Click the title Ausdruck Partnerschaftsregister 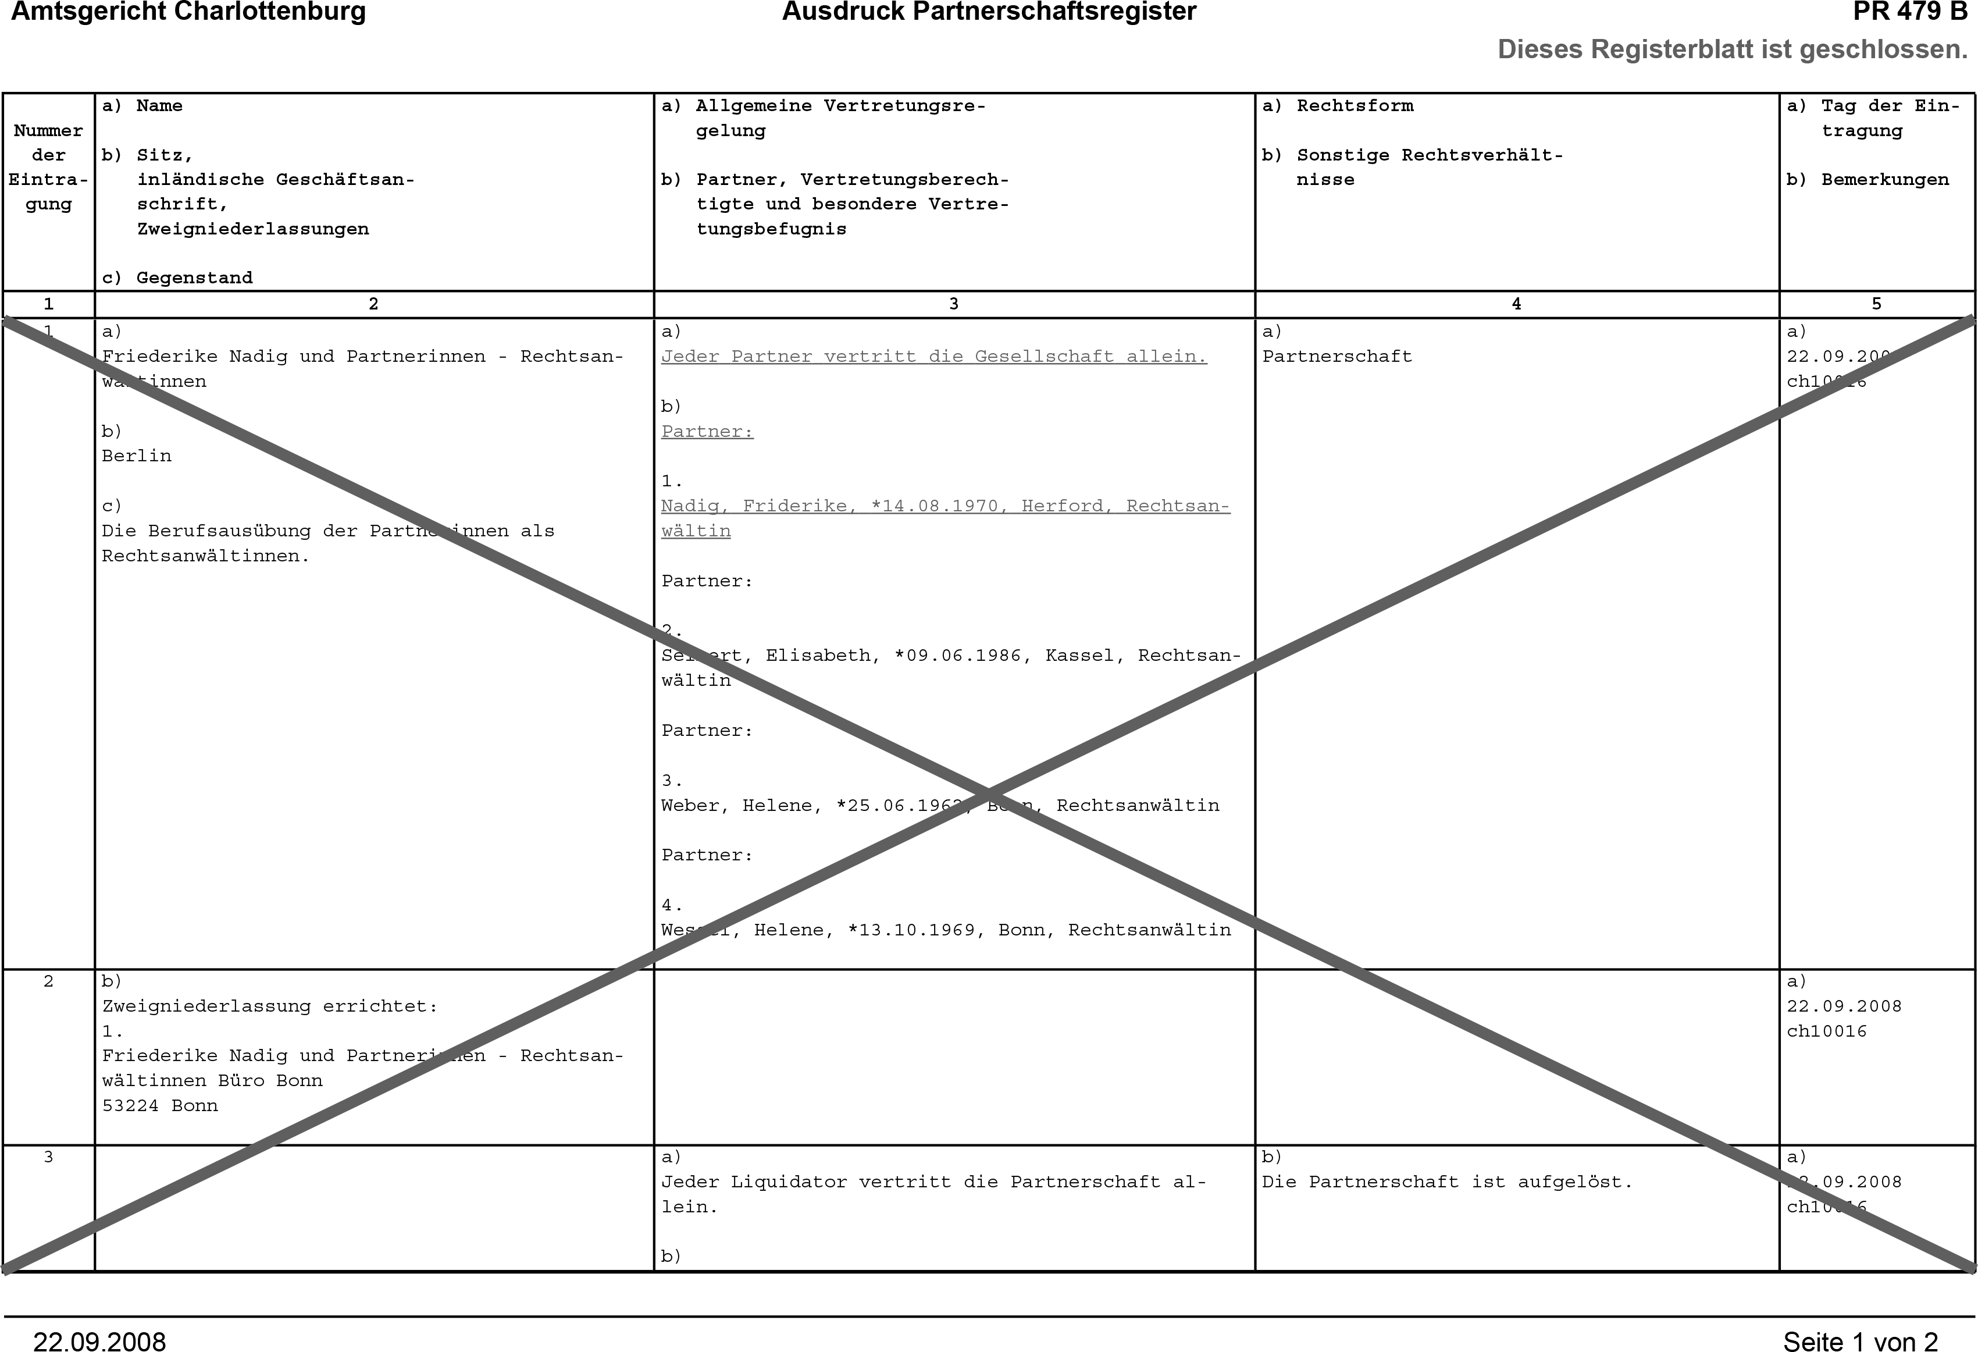click(989, 12)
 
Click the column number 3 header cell click(953, 304)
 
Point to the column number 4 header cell click(1516, 304)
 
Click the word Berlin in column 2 click(136, 456)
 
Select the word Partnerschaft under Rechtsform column click(1337, 357)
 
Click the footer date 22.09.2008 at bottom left click(99, 1340)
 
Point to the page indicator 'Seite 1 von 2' click(1860, 1340)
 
